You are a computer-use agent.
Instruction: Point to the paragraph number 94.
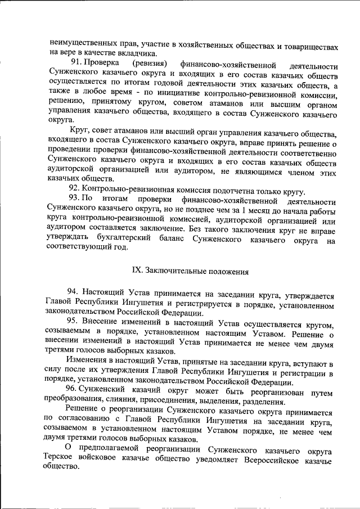[73, 294]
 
